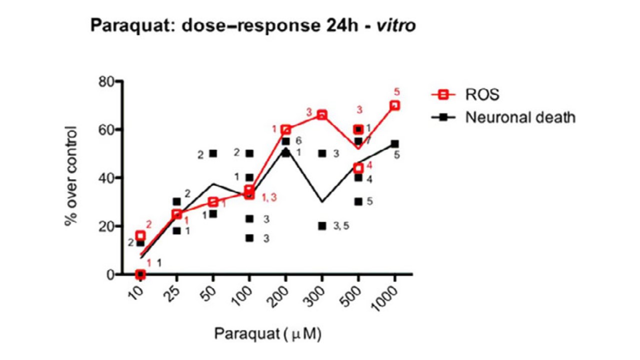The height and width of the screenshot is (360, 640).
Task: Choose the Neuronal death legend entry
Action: coord(519,117)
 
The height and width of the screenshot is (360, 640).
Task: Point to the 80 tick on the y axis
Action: coord(105,81)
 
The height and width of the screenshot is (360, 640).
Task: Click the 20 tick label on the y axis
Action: coord(105,226)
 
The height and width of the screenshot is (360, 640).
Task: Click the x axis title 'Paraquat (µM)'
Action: coord(267,333)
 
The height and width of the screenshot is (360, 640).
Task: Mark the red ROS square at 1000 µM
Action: coord(394,105)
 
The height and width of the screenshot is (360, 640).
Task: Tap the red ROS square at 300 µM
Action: coord(322,115)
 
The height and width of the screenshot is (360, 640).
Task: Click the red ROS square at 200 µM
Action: coord(285,129)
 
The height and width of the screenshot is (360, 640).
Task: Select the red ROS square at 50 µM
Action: coord(213,202)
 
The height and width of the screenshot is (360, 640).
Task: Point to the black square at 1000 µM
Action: coord(394,144)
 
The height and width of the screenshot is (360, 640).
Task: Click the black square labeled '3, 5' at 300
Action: coord(322,226)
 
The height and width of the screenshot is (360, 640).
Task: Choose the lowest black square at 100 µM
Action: coord(249,238)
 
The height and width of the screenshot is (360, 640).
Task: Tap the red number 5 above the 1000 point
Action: coord(397,91)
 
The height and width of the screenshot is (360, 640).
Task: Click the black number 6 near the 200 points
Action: coord(299,140)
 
